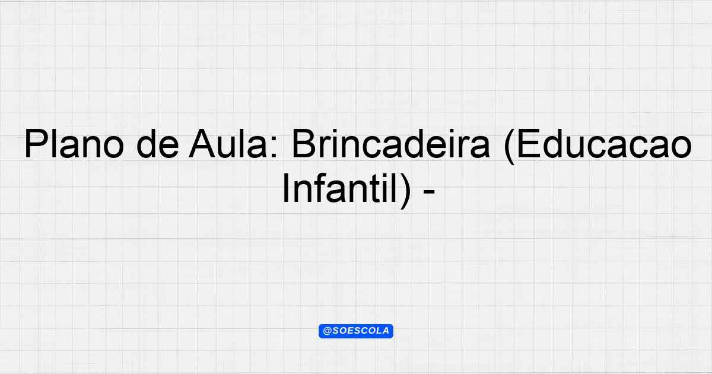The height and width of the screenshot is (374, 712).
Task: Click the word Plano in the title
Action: (x=74, y=144)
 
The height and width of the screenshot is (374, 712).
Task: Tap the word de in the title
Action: (x=158, y=144)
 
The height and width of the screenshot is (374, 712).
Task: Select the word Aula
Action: (x=228, y=144)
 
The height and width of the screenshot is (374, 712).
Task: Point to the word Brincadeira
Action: (x=390, y=144)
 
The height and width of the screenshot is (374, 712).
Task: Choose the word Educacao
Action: (x=604, y=144)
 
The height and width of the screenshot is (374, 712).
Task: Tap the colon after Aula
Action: (x=274, y=148)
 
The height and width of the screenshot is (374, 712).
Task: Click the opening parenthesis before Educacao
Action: (x=510, y=146)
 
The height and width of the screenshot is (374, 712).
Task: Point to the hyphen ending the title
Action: (x=429, y=192)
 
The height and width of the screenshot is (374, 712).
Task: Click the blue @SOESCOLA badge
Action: (x=356, y=331)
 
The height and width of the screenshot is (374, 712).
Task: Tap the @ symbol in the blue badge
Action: (x=328, y=331)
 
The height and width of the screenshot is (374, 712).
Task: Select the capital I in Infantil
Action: (x=286, y=188)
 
